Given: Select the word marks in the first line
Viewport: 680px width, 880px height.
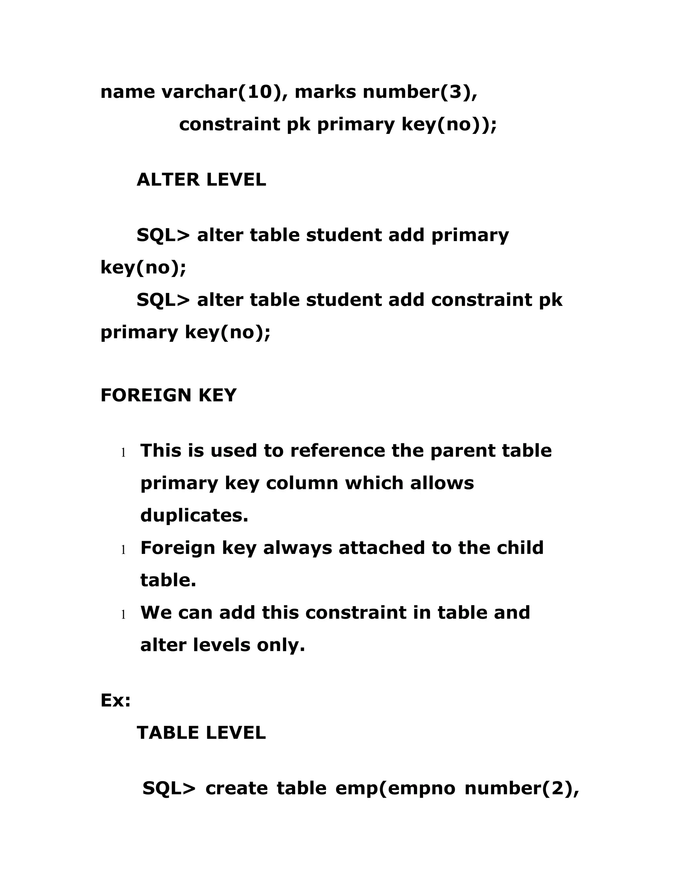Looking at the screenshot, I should click(325, 92).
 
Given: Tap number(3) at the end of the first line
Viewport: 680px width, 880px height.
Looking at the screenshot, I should click(420, 92).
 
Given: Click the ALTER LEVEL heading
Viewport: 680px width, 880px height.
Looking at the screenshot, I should click(202, 180).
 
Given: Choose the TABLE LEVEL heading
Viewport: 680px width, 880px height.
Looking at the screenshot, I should click(202, 733).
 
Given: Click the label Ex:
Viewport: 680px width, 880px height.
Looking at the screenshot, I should click(116, 700).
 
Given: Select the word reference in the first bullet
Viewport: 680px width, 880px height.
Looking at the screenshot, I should click(337, 451).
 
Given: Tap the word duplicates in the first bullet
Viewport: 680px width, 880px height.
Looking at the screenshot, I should click(194, 515).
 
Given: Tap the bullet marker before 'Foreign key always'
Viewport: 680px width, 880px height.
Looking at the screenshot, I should click(123, 550).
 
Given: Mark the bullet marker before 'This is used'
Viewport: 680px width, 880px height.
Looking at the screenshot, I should click(123, 453).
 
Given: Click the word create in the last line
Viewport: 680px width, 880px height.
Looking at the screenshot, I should click(236, 789).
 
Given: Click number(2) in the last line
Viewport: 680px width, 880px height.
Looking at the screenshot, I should click(522, 789).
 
